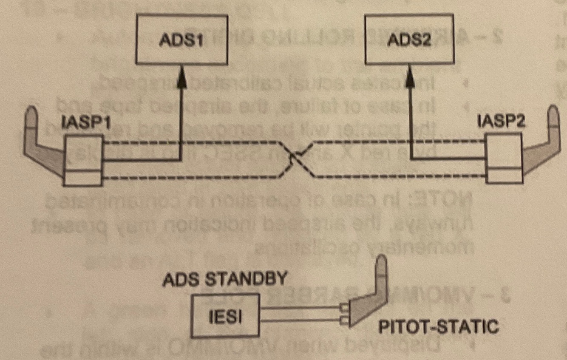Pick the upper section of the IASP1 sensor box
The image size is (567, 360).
point(83,152)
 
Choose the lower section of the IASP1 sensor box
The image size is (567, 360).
point(83,177)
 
